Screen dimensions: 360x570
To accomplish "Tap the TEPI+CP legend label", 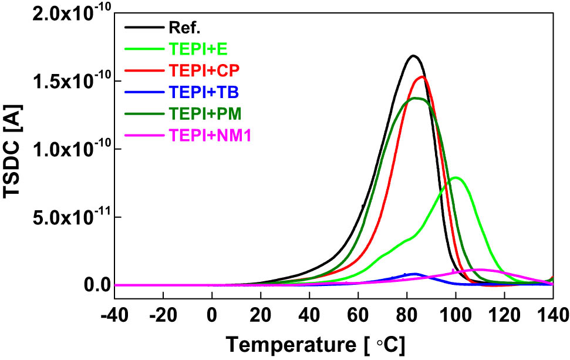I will tap(200, 70).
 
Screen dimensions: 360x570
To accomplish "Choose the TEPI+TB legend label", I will tap(200, 92).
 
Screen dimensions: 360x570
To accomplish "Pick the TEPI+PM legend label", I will tap(201, 114).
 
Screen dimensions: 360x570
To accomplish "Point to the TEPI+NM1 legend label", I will tap(206, 136).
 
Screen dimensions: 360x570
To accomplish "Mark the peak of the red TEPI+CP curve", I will tap(422, 76).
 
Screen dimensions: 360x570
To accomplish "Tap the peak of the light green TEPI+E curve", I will tap(456, 177).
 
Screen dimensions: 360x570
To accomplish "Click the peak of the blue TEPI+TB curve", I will tap(414, 274).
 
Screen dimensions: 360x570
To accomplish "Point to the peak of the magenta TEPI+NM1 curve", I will tap(480, 270).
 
